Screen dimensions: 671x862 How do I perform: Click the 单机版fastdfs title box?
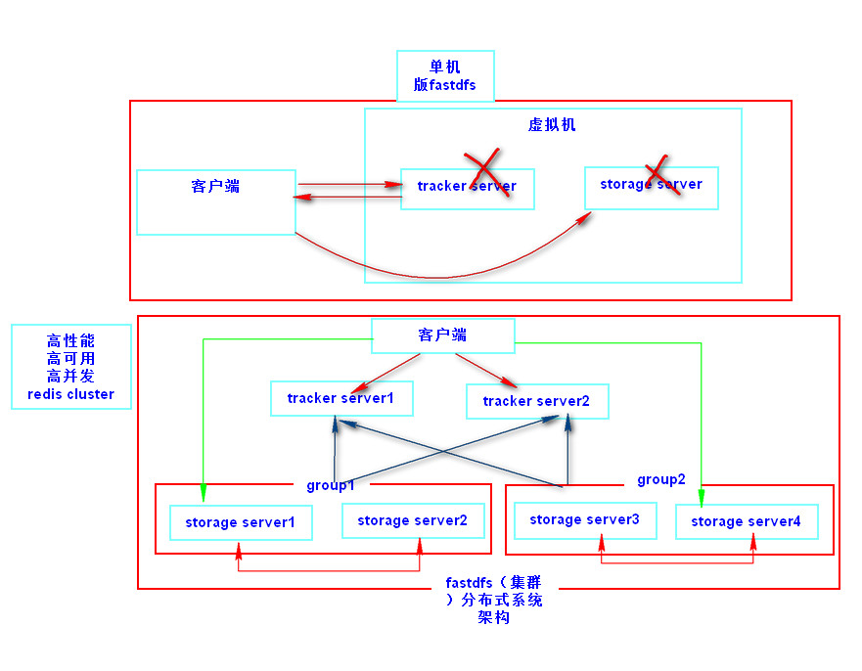coord(445,76)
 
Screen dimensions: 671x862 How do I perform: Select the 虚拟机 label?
coord(552,125)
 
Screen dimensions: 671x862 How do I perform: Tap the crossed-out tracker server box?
coord(468,188)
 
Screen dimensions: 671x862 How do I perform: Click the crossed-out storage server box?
coord(651,187)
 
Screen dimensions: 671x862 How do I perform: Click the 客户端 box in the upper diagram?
coord(215,201)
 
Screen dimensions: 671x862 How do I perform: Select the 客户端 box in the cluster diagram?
coord(442,335)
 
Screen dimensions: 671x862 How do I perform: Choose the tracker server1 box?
coord(340,398)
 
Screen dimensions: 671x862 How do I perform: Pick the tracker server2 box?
coord(536,401)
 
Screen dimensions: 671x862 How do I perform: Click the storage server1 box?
coord(240,522)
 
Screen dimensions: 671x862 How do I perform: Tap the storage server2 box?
coord(412,520)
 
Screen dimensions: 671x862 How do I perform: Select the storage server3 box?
coord(584,519)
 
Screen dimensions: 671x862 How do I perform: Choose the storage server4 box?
coord(746,521)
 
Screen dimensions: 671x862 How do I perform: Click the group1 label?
coord(330,485)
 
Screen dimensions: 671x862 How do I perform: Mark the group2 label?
coord(661,479)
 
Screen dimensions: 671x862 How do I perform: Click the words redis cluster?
coord(70,394)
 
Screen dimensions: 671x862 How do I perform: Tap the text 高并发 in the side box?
coord(70,377)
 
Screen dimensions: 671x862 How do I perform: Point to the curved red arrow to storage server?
coord(440,275)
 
